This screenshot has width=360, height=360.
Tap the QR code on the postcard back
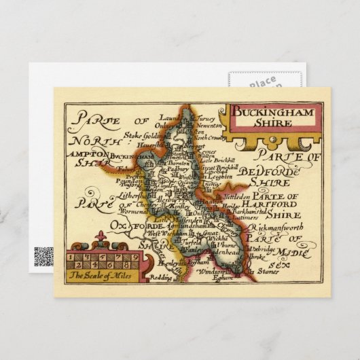pos(43,256)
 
